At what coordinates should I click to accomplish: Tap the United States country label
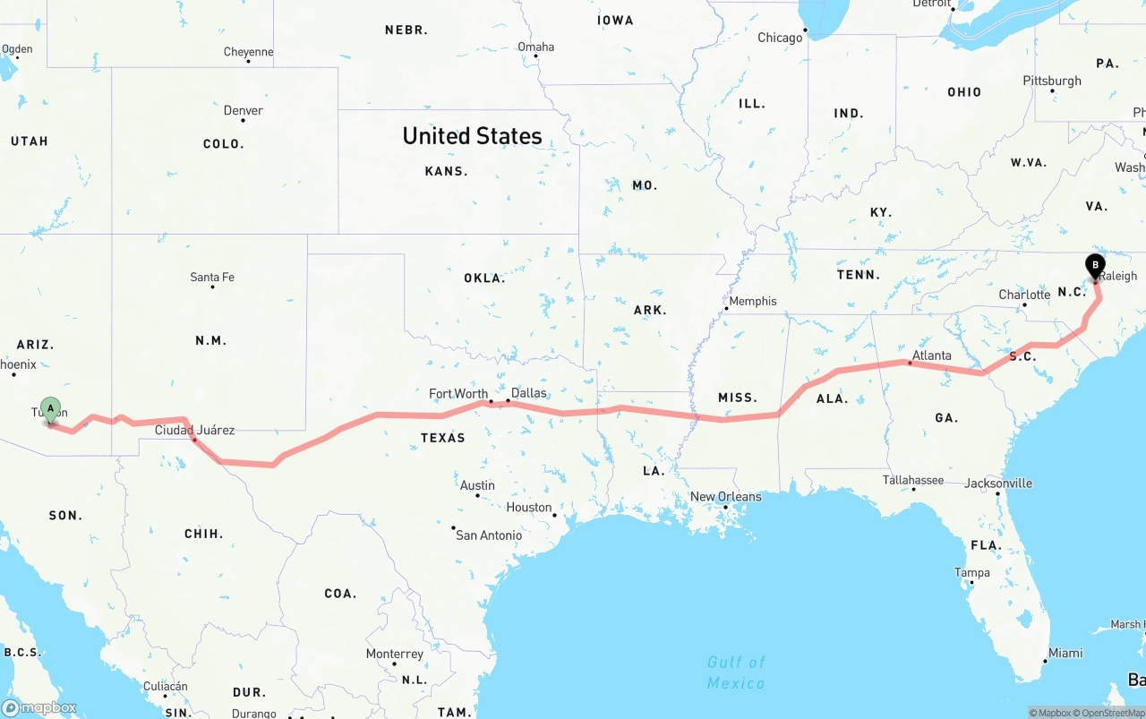click(472, 136)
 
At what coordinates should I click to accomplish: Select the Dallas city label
click(528, 392)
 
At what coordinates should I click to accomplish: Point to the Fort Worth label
click(458, 393)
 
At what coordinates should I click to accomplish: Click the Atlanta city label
click(931, 355)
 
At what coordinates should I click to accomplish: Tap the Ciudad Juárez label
click(194, 430)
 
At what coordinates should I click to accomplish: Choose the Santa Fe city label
click(212, 277)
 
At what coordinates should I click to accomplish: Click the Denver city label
click(243, 110)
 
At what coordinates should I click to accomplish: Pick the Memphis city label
click(752, 301)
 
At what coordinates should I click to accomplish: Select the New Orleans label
click(725, 496)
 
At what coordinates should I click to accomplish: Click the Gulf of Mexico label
click(736, 672)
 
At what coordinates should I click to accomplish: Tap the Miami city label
click(1065, 653)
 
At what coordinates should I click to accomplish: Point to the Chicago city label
click(780, 38)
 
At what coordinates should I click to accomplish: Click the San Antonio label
click(489, 535)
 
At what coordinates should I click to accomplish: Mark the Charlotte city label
click(1024, 295)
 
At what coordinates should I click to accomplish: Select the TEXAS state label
click(443, 438)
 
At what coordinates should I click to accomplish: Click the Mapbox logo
click(38, 707)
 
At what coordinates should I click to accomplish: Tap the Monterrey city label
click(394, 654)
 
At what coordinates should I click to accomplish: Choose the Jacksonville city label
click(997, 483)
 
